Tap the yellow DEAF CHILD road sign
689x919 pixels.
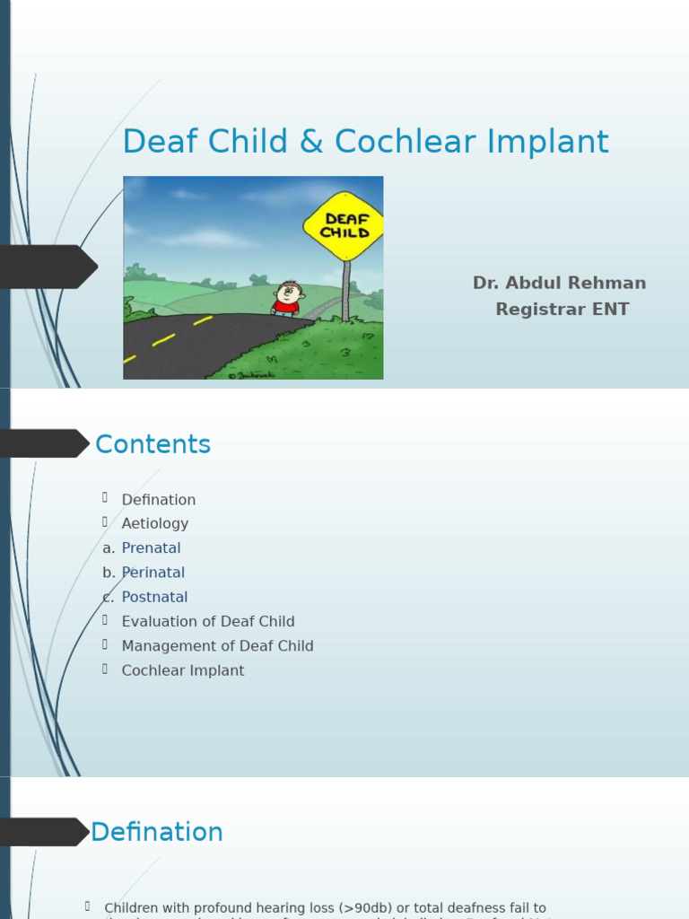[x=346, y=225]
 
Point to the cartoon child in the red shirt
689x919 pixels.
[x=288, y=299]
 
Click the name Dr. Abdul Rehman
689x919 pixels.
[x=559, y=284]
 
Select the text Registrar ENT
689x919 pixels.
[x=563, y=310]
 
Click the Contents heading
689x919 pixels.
[x=153, y=445]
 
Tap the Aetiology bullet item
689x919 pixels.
[x=155, y=524]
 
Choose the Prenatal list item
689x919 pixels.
[x=151, y=548]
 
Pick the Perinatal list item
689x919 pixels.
[x=153, y=573]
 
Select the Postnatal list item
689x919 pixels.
[x=154, y=598]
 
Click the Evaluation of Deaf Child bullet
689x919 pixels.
[x=208, y=622]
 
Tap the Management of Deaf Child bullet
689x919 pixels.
[x=217, y=646]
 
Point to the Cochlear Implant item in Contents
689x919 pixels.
[x=183, y=671]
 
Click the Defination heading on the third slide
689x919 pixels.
[x=157, y=833]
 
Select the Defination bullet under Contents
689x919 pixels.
[x=159, y=500]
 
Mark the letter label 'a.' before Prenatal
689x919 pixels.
[x=109, y=548]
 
